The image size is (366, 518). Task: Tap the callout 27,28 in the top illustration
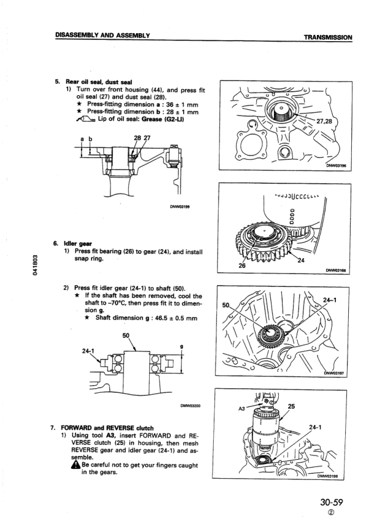click(337, 122)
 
